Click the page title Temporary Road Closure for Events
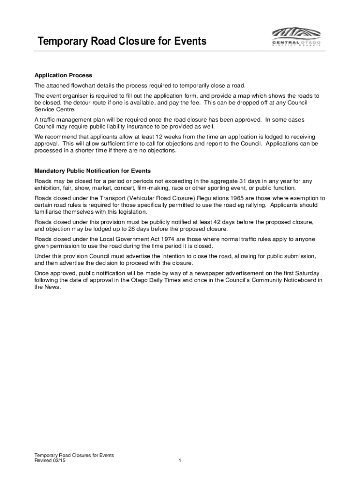[x=122, y=42]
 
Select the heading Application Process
[x=63, y=75]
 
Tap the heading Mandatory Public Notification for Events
[x=93, y=171]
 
